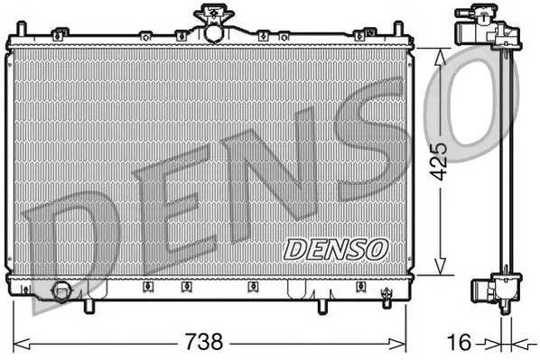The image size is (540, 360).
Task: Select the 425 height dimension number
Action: click(x=437, y=161)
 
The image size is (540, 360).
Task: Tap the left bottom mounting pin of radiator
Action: click(x=88, y=307)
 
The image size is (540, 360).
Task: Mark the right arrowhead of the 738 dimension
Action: click(x=405, y=343)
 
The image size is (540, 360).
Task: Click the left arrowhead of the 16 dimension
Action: click(x=493, y=343)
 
